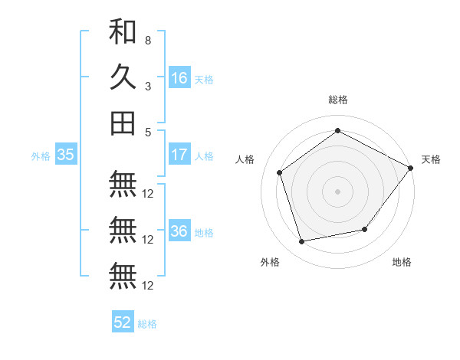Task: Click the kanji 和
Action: (x=123, y=32)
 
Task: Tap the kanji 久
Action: (x=123, y=77)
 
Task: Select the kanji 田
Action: (x=123, y=123)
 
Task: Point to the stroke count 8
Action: (x=147, y=41)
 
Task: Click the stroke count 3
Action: (x=147, y=86)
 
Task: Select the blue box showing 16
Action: (x=179, y=78)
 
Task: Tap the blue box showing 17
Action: (x=179, y=155)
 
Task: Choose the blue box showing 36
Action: (x=179, y=231)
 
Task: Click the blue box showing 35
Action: (x=66, y=155)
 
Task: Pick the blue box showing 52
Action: (x=123, y=322)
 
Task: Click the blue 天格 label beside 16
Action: (x=204, y=80)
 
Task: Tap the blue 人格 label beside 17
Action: (x=204, y=156)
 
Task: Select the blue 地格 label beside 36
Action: (x=204, y=233)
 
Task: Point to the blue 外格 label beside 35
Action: (x=41, y=156)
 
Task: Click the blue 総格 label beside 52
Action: (x=147, y=324)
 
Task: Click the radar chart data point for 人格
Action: (x=279, y=172)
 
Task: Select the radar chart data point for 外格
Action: (x=302, y=242)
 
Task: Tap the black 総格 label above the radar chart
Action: (x=338, y=100)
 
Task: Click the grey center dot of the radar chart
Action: (x=338, y=191)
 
